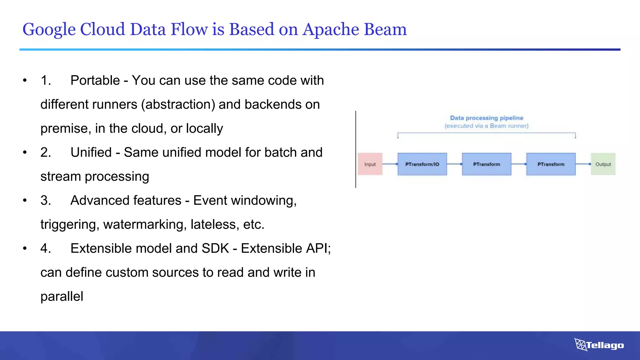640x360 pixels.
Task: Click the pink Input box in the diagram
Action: [370, 164]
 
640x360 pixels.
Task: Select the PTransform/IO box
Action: [422, 164]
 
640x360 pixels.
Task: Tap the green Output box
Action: [603, 164]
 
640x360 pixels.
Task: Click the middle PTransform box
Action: [487, 164]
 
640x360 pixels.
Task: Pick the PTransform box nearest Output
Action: [551, 164]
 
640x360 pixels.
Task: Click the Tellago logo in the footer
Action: [599, 345]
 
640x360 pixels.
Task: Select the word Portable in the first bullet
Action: [95, 80]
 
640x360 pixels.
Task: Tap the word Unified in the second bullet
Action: [91, 152]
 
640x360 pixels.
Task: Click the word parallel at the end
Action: [62, 296]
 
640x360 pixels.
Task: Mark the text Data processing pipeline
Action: [487, 118]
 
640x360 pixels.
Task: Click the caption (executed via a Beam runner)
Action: [487, 126]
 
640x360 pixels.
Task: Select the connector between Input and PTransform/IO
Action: [390, 164]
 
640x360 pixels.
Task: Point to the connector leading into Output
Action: [583, 164]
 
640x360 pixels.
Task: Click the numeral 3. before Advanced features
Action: [46, 200]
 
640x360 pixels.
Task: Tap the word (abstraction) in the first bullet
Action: [178, 104]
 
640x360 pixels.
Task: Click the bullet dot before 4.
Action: [25, 248]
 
